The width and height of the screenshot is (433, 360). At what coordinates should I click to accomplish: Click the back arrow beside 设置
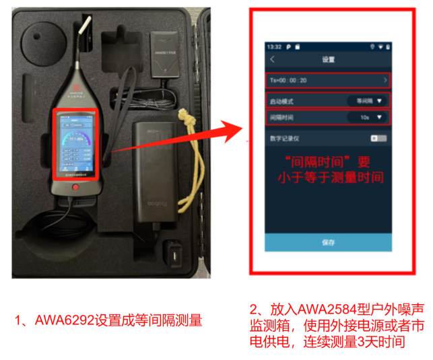click(x=272, y=60)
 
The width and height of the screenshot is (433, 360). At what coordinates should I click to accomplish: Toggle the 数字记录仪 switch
click(x=378, y=138)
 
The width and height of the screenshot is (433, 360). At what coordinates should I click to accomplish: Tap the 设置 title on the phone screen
click(x=328, y=60)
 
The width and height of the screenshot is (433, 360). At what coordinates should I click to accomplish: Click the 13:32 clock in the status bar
click(x=273, y=47)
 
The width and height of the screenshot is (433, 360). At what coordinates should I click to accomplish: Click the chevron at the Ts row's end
click(x=385, y=81)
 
